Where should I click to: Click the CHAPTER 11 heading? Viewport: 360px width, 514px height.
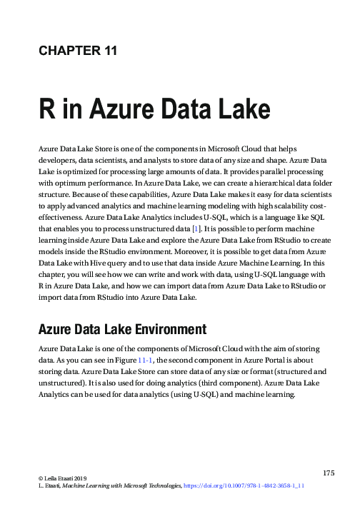pos(77,50)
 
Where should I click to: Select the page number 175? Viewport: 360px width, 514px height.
pos(329,473)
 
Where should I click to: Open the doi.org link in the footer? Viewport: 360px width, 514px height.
pos(244,485)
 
